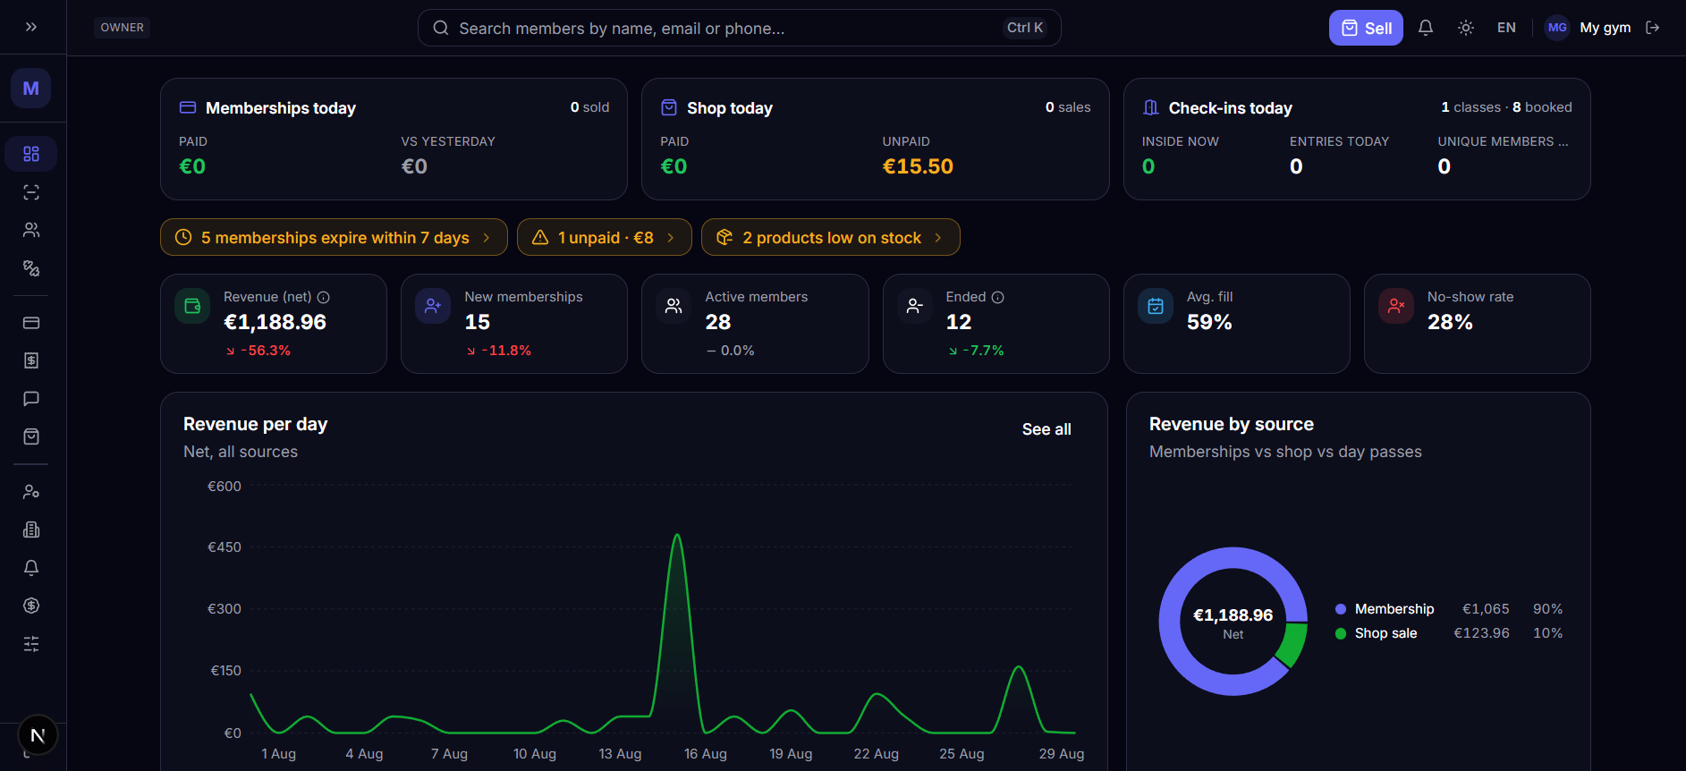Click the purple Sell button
(1366, 28)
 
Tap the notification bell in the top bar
(1426, 28)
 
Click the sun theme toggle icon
(1466, 28)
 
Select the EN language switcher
(1506, 28)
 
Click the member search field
(739, 28)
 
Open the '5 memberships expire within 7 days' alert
(334, 237)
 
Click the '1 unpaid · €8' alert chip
(604, 237)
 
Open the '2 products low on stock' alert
(830, 237)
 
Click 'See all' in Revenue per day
(1046, 429)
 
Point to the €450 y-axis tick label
(225, 547)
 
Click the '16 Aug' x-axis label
(705, 754)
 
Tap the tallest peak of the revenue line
(677, 535)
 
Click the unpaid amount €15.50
(918, 166)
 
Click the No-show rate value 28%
(1450, 322)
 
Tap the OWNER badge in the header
(122, 28)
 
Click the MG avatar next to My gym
(1557, 28)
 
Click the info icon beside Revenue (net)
(324, 297)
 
